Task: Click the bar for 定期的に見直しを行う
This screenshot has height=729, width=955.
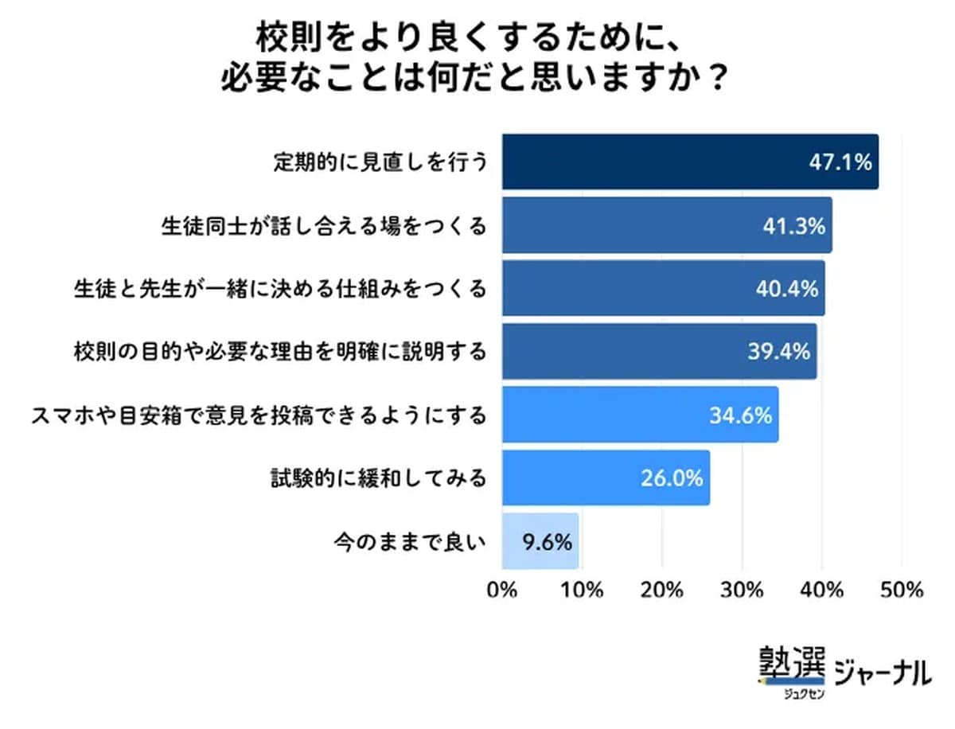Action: [x=689, y=162]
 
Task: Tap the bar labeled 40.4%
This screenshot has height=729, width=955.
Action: [x=663, y=288]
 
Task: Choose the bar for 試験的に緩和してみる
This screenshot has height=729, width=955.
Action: [x=605, y=478]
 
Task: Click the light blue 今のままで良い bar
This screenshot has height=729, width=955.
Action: [x=540, y=541]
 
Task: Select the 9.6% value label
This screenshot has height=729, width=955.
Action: [x=548, y=543]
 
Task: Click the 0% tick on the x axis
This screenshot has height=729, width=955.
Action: [x=502, y=591]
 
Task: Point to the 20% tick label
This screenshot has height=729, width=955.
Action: [x=662, y=591]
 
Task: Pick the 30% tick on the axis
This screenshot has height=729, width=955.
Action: [x=742, y=591]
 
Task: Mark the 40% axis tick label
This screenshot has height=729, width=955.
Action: [x=821, y=591]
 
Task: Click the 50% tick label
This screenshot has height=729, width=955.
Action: [x=902, y=591]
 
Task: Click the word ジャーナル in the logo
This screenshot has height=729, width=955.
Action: [x=882, y=673]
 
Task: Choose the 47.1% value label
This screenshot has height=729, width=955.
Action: [x=841, y=162]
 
